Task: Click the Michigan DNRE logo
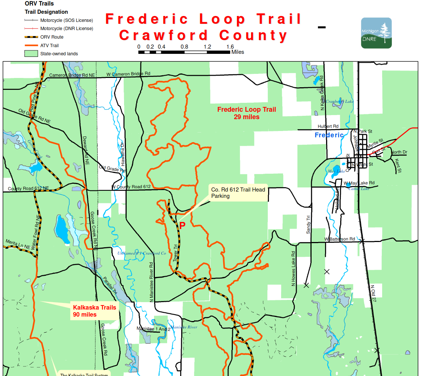tap(376, 33)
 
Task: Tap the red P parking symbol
tap(182, 225)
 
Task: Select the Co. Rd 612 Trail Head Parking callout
tap(238, 193)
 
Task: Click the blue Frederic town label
tap(329, 135)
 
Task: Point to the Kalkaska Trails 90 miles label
tap(94, 311)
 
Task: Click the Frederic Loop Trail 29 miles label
tap(247, 113)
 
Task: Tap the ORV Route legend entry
tap(52, 37)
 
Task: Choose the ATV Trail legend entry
tap(49, 46)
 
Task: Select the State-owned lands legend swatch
tap(31, 54)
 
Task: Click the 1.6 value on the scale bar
tap(230, 47)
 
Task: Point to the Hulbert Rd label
tap(328, 126)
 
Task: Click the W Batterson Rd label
tap(339, 239)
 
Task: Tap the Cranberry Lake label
tap(339, 101)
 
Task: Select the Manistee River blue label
tap(184, 327)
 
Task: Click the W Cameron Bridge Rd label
tap(128, 74)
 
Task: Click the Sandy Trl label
tap(308, 225)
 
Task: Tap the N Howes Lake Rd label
tap(293, 269)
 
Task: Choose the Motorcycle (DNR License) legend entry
tap(66, 29)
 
